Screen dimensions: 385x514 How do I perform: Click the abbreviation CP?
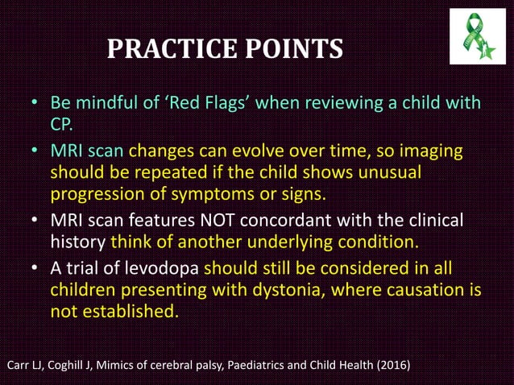tap(62, 126)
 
